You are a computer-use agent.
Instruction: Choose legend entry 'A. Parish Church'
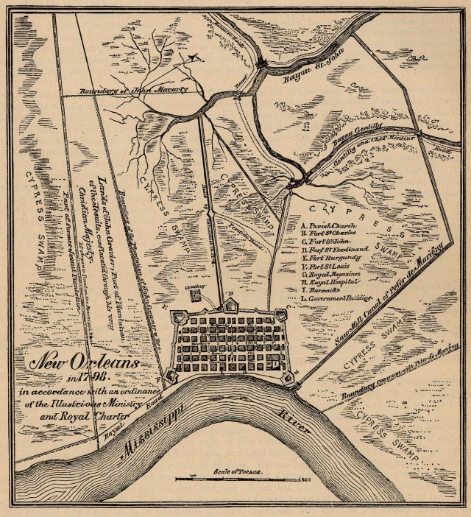click(329, 224)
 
